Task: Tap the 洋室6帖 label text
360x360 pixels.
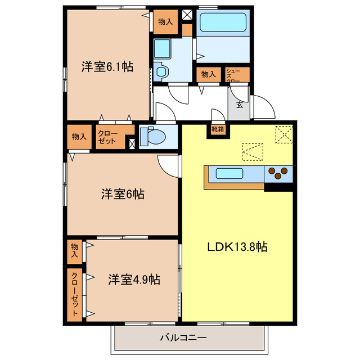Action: (123, 195)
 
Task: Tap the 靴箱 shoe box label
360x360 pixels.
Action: (218, 130)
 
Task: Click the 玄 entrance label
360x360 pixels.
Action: (239, 105)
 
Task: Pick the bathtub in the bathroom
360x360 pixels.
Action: (224, 22)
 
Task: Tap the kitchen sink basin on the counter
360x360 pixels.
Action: (229, 173)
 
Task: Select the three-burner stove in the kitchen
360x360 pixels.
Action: (278, 173)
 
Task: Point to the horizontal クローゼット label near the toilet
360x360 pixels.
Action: (107, 137)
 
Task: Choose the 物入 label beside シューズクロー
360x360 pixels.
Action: (208, 74)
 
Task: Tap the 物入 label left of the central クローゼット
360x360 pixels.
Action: (79, 137)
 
